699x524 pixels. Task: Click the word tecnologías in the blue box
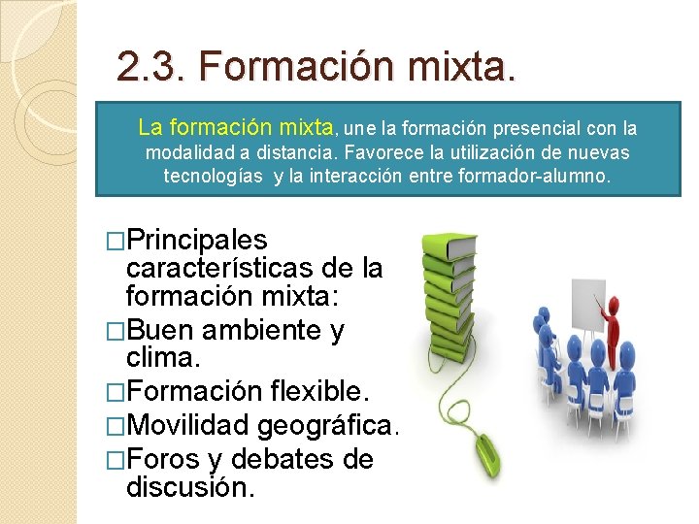click(213, 178)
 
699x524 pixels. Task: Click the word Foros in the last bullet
click(163, 458)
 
